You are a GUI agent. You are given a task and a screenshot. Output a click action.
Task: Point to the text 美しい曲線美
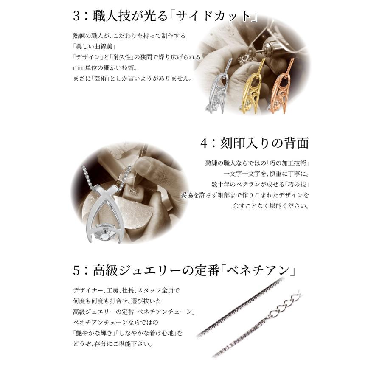tap(91, 46)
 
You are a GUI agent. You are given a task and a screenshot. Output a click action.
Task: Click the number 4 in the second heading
tap(205, 143)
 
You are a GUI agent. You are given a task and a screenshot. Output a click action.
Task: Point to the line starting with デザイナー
tap(126, 291)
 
